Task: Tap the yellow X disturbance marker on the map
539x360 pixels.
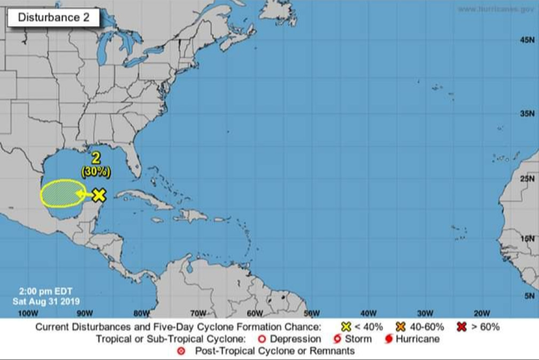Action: click(98, 195)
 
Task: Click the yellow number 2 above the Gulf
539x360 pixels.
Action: click(96, 158)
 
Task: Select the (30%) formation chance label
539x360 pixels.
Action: click(96, 172)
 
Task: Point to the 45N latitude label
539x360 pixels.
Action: click(527, 40)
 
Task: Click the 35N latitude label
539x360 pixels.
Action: click(527, 114)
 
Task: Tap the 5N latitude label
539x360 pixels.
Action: click(529, 295)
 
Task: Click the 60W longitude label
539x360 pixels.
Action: click(255, 313)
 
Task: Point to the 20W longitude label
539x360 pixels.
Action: click(482, 313)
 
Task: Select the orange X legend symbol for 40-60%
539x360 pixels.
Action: click(401, 327)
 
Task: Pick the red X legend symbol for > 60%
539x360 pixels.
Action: click(454, 327)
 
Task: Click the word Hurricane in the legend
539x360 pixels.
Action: click(418, 339)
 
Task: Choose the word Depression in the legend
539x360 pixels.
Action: click(295, 339)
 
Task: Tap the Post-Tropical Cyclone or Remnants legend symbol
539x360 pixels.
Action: click(181, 351)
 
